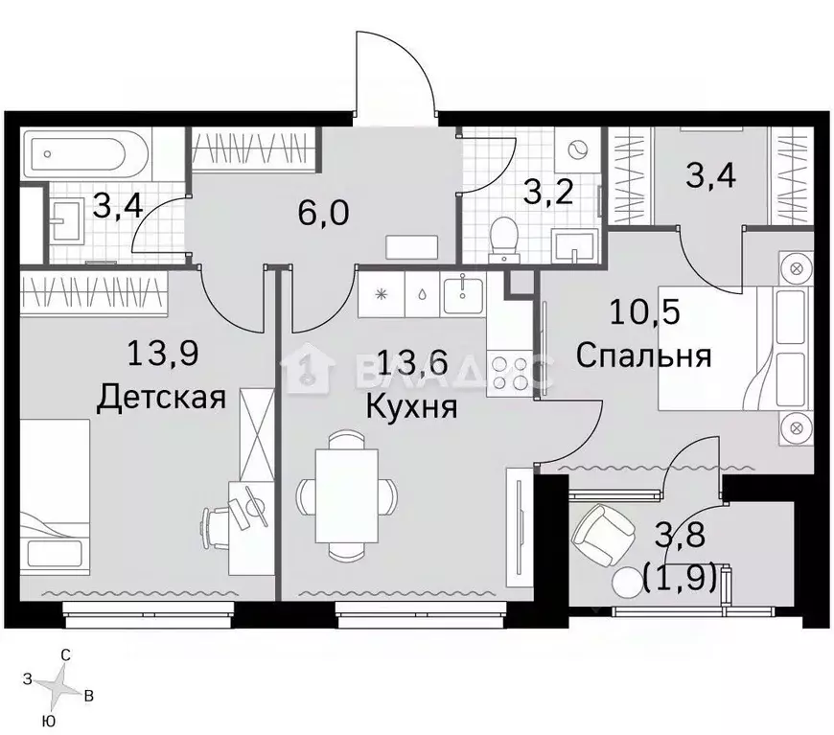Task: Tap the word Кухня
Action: (411, 406)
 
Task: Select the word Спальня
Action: (643, 356)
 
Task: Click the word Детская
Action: (161, 397)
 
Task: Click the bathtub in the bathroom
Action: (83, 153)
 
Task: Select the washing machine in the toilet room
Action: (579, 151)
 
